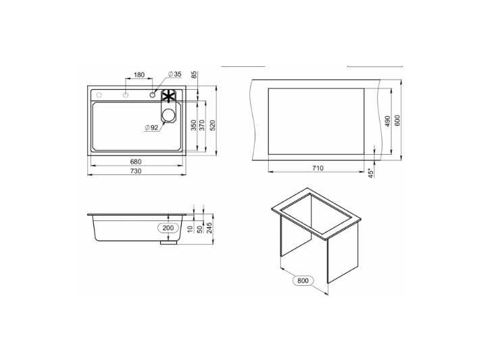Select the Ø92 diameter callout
click(151, 127)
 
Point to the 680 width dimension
click(135, 162)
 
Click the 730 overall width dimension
click(135, 172)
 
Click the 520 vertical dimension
click(212, 126)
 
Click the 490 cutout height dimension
click(387, 121)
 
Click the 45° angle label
click(371, 173)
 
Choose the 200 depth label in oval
click(168, 228)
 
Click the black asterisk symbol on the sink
click(168, 96)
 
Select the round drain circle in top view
click(168, 115)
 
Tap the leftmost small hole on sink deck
click(99, 94)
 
